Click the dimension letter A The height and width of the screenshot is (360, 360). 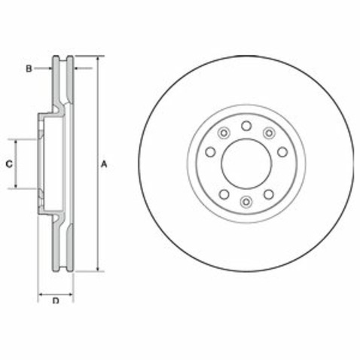[x=106, y=163]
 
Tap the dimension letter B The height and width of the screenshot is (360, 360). [x=28, y=69]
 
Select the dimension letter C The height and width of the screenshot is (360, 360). [x=9, y=163]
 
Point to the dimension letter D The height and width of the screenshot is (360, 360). [x=56, y=302]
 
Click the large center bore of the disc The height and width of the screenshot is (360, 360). [x=246, y=163]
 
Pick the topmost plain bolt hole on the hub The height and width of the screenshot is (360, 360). [x=246, y=125]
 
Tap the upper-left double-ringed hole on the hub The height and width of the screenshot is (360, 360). [x=223, y=133]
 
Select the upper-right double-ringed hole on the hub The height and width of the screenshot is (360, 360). [x=268, y=133]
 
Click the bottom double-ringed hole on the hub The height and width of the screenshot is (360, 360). [x=246, y=200]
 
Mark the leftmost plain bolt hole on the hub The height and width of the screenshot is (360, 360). [x=209, y=151]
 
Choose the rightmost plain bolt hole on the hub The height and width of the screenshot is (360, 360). [x=282, y=151]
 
